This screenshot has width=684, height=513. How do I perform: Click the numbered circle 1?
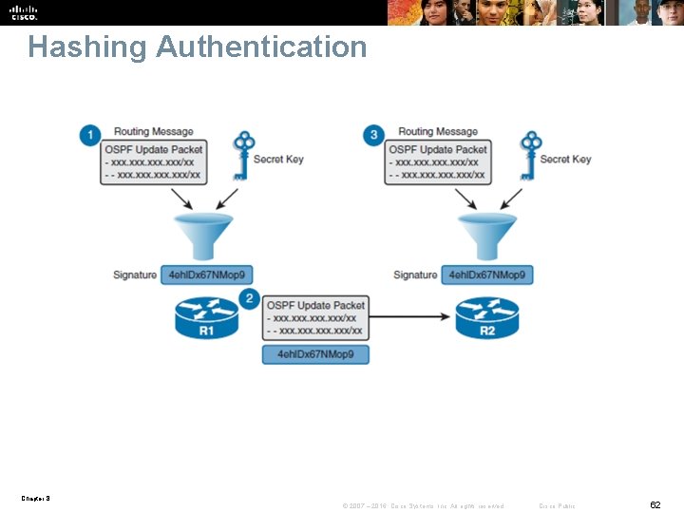tap(90, 135)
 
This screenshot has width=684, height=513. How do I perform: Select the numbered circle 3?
tap(373, 135)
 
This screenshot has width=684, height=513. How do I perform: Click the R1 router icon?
tap(206, 318)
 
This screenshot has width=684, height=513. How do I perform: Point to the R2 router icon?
tap(487, 318)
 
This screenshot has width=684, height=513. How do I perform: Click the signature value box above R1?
tap(207, 275)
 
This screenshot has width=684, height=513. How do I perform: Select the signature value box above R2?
tap(489, 275)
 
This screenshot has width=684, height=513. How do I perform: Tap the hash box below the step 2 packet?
tap(315, 354)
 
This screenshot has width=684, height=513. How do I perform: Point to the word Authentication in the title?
tap(261, 47)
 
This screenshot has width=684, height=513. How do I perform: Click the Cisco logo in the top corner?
tap(24, 11)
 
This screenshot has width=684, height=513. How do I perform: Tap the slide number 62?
tap(655, 504)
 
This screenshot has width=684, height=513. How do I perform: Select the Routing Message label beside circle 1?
tap(153, 131)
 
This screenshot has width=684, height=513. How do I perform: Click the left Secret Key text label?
tap(278, 159)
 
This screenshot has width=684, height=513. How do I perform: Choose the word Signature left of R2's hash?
tap(415, 275)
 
